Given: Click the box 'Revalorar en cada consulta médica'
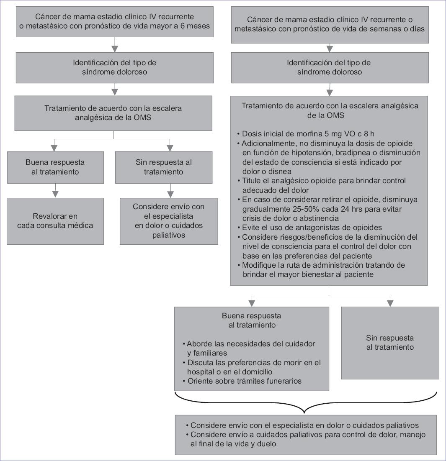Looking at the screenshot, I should click(x=55, y=221).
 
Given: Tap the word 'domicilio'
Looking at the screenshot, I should click(x=257, y=372).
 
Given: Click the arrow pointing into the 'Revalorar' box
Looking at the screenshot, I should click(x=55, y=194).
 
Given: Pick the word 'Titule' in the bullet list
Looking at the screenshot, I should click(x=252, y=181).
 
